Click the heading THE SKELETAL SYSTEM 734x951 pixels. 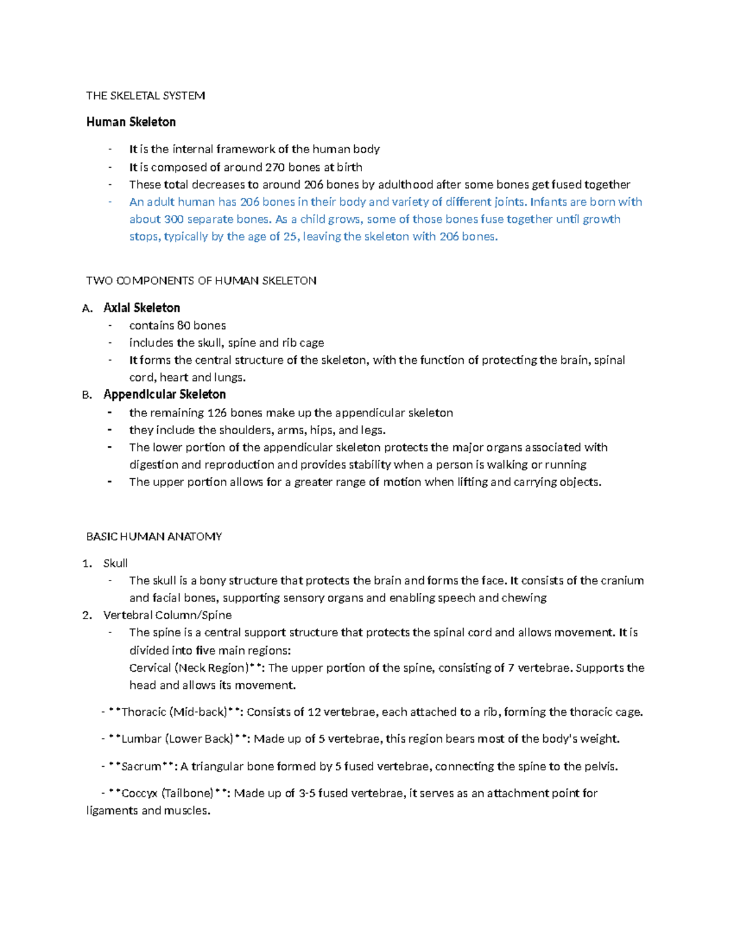[x=146, y=96]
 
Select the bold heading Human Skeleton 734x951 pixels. [x=131, y=122]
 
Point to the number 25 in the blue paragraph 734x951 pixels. [x=290, y=236]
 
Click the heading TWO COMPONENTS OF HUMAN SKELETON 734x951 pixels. [x=201, y=280]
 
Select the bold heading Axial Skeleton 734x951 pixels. [x=142, y=307]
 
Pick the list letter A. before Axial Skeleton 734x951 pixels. [x=87, y=308]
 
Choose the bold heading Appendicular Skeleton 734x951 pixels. [x=165, y=394]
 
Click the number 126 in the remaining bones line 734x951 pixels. [x=217, y=413]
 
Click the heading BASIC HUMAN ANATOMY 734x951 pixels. [x=154, y=536]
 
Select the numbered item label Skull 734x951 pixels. [x=116, y=563]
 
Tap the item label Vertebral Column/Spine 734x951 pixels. [x=168, y=615]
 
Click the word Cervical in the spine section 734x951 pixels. [x=150, y=667]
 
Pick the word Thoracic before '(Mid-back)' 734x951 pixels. [x=145, y=712]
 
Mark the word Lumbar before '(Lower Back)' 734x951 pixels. [x=141, y=739]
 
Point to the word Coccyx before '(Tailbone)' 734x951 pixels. [x=139, y=793]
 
